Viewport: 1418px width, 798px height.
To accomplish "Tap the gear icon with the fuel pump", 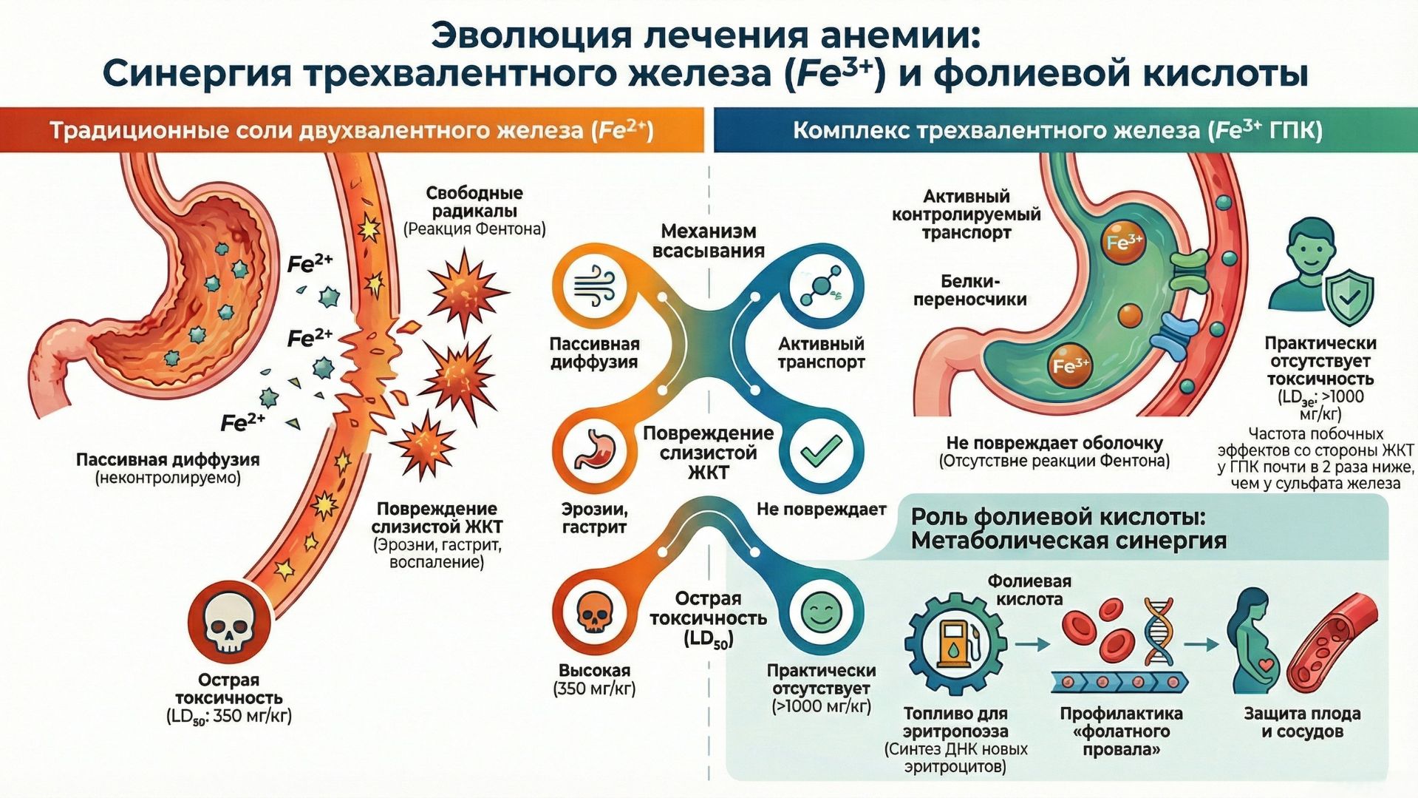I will click(955, 643).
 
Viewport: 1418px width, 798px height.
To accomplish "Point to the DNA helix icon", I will click(1157, 632).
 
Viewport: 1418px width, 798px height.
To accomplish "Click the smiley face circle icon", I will click(821, 613).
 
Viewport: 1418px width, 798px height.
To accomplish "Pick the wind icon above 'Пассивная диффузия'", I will click(594, 287).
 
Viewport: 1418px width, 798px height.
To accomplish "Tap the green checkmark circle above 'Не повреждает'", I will click(821, 450).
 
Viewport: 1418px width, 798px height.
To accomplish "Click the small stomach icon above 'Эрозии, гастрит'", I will click(594, 450).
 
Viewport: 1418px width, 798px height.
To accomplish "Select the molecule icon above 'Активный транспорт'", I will click(821, 287).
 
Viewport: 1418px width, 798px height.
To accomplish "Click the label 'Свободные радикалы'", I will click(474, 202).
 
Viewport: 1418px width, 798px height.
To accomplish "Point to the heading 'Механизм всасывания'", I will click(707, 241).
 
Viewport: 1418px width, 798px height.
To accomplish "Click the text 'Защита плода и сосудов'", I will click(1302, 723).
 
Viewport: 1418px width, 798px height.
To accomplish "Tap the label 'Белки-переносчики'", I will click(969, 290).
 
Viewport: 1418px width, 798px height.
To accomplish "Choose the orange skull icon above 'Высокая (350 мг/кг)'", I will click(594, 613).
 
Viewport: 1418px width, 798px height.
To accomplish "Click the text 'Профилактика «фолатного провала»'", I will click(1120, 731).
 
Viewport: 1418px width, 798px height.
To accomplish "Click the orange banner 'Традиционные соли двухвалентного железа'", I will click(351, 130).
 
